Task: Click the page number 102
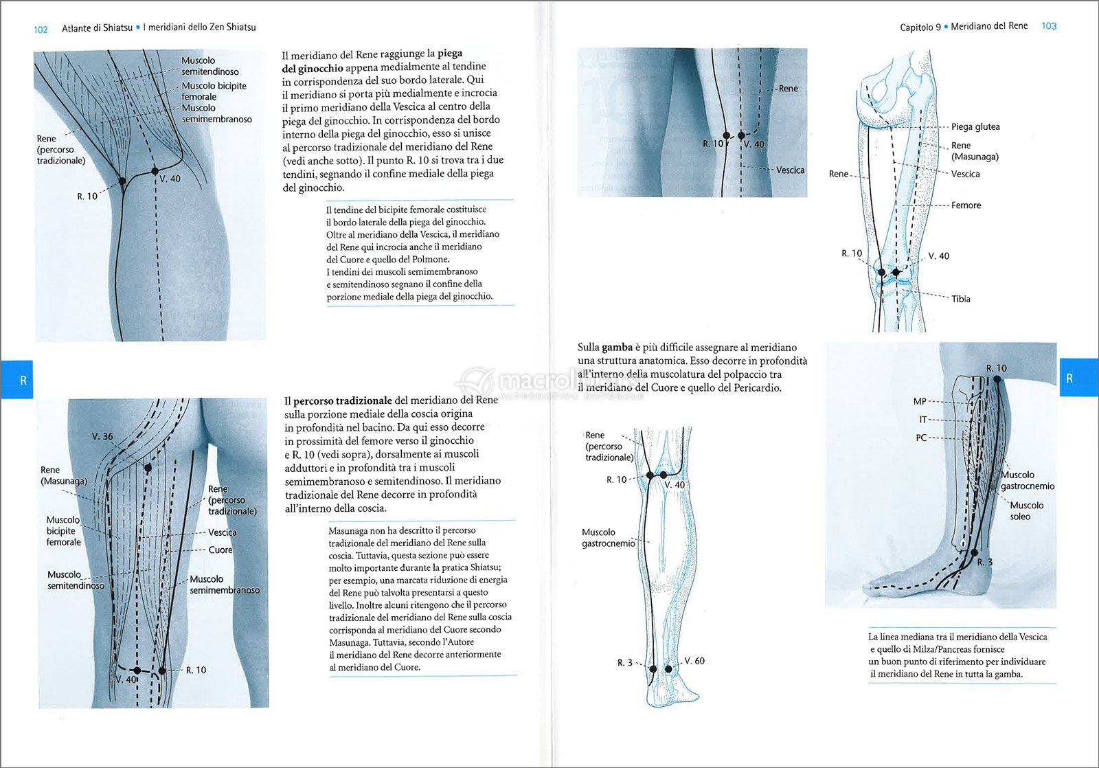tap(41, 30)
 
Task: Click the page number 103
tap(1049, 26)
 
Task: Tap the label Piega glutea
tap(975, 126)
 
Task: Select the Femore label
tap(966, 205)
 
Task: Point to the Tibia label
tap(961, 299)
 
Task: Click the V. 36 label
tap(102, 436)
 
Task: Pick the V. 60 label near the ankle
tap(694, 661)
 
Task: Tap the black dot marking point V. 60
tap(668, 668)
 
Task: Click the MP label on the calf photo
tap(920, 402)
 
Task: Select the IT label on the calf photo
tap(922, 420)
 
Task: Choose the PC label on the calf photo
tap(921, 438)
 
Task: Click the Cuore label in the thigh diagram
tap(220, 550)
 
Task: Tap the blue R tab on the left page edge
tap(23, 380)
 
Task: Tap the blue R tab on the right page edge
tap(1069, 379)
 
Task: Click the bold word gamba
tap(617, 348)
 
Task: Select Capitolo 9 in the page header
tap(920, 27)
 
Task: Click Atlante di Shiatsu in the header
tap(97, 28)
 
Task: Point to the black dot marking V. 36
tap(148, 468)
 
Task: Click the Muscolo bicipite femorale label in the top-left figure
tap(214, 91)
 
